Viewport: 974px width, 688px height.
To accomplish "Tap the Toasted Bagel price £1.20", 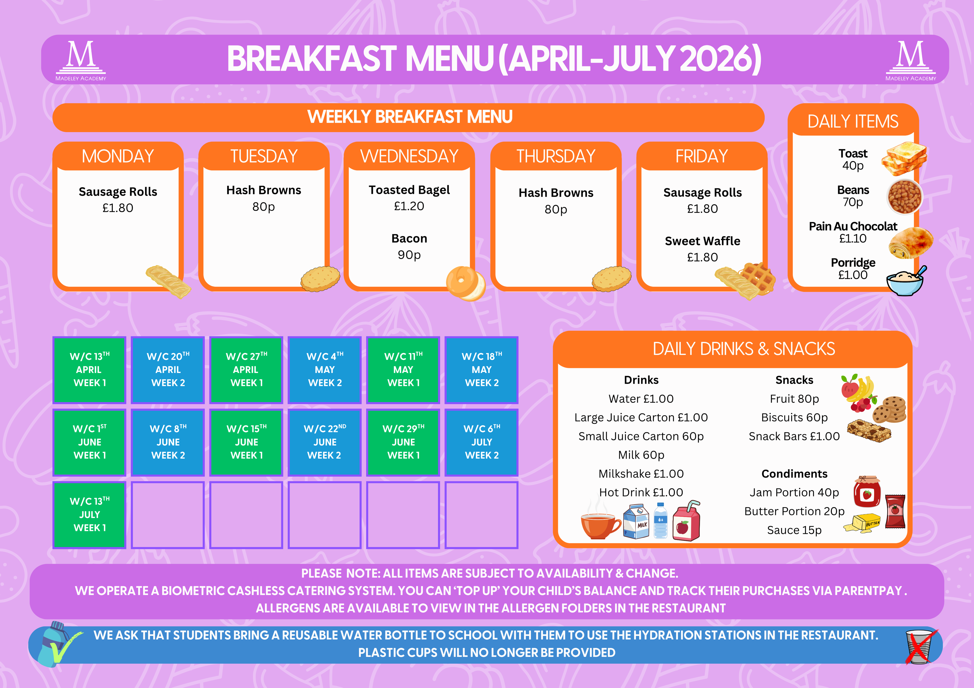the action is (x=409, y=206).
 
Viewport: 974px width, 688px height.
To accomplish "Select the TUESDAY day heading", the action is (x=264, y=156).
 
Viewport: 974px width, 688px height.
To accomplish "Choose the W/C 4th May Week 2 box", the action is (x=325, y=370).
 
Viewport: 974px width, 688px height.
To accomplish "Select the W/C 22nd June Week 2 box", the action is (x=325, y=442).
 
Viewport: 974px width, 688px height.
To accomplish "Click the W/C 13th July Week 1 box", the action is (x=90, y=515).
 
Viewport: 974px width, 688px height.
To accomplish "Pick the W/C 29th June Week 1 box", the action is (x=403, y=442).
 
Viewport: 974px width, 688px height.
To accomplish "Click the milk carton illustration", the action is (x=636, y=521).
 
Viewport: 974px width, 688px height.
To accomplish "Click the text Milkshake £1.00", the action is (x=641, y=473).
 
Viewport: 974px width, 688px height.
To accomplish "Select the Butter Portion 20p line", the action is (x=794, y=511).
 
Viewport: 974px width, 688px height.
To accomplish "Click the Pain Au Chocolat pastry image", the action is (x=911, y=243).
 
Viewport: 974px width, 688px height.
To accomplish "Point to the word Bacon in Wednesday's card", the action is (x=409, y=238).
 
